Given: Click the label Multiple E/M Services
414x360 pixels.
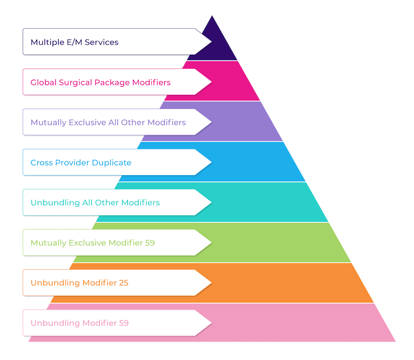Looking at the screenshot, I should [74, 42].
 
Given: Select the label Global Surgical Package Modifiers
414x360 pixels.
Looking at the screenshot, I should [100, 82].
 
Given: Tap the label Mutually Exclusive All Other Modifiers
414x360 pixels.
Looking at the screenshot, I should [108, 122].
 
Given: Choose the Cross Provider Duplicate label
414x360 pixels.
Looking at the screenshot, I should [81, 162].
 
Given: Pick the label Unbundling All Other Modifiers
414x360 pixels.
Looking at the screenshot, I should [95, 203].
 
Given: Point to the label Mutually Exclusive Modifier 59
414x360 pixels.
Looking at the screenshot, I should [92, 243].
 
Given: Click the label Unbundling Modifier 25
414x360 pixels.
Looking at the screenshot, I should [79, 283].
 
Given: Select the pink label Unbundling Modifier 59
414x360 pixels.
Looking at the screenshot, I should [79, 323].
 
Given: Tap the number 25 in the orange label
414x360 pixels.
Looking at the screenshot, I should [123, 283].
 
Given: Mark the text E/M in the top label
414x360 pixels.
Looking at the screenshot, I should [73, 42].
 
